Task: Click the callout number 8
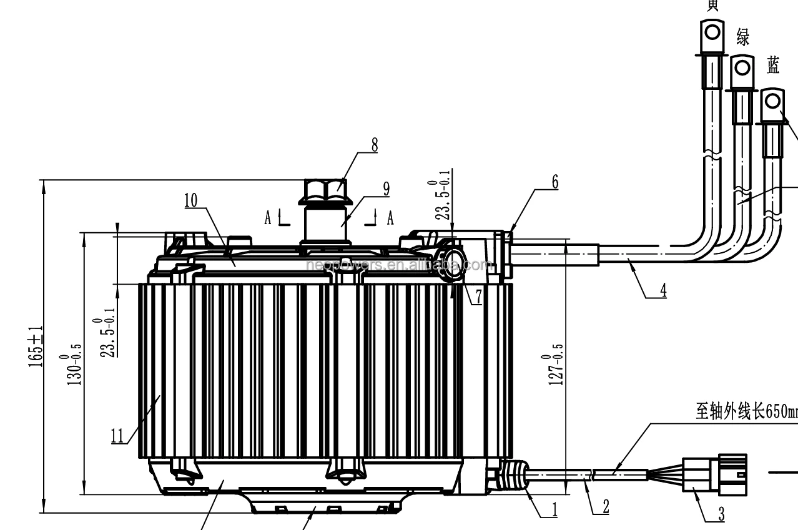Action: [374, 145]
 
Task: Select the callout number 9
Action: [386, 188]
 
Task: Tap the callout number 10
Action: [190, 200]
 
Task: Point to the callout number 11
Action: [117, 434]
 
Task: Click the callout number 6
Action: [554, 182]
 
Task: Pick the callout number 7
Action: [478, 297]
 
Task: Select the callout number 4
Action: [663, 290]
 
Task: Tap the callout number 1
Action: [554, 509]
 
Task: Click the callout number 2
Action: [605, 506]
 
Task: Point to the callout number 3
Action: [721, 514]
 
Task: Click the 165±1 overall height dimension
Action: [36, 346]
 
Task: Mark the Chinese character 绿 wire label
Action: [742, 37]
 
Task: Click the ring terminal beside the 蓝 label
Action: [772, 102]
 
